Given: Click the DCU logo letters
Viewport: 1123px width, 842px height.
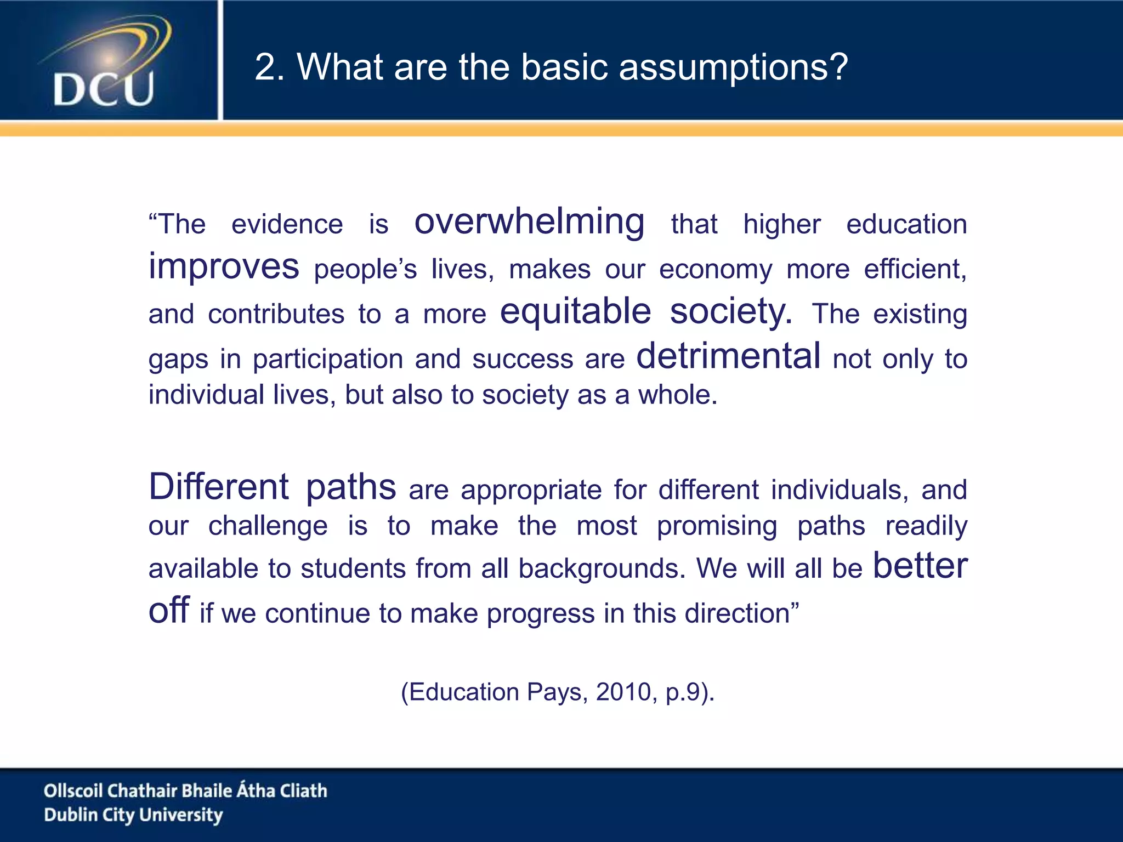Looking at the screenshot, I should click(x=104, y=89).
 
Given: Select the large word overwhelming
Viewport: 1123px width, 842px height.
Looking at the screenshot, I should click(x=529, y=222).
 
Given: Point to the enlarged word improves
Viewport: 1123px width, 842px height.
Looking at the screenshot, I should click(x=224, y=267).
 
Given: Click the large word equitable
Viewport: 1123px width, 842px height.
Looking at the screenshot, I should click(x=575, y=312).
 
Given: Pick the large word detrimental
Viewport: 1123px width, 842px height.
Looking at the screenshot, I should click(x=728, y=356).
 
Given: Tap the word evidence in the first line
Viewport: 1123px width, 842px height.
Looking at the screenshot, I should click(x=287, y=225).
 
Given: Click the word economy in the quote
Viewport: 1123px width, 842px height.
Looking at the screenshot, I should click(x=716, y=270).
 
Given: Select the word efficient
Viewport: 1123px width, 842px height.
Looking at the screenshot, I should click(x=915, y=270).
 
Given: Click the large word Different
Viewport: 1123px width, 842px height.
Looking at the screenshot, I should click(x=219, y=487).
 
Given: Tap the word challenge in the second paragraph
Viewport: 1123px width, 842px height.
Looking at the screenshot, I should click(x=268, y=526).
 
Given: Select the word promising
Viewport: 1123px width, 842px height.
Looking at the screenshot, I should click(x=717, y=526).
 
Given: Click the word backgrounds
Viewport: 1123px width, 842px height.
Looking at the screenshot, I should click(x=602, y=568).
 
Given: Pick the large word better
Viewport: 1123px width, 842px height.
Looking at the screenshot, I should click(x=920, y=566).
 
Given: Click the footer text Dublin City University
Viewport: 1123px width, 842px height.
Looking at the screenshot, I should click(x=133, y=815).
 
